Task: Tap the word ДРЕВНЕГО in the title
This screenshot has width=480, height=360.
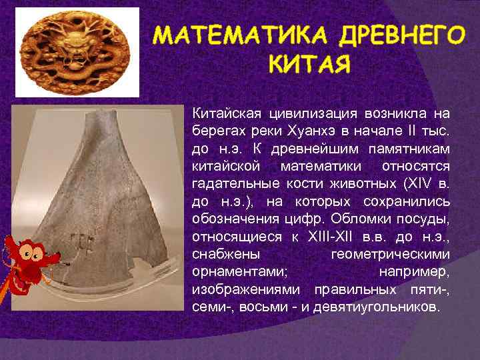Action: point(399,35)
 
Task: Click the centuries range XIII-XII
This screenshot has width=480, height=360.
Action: point(331,237)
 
